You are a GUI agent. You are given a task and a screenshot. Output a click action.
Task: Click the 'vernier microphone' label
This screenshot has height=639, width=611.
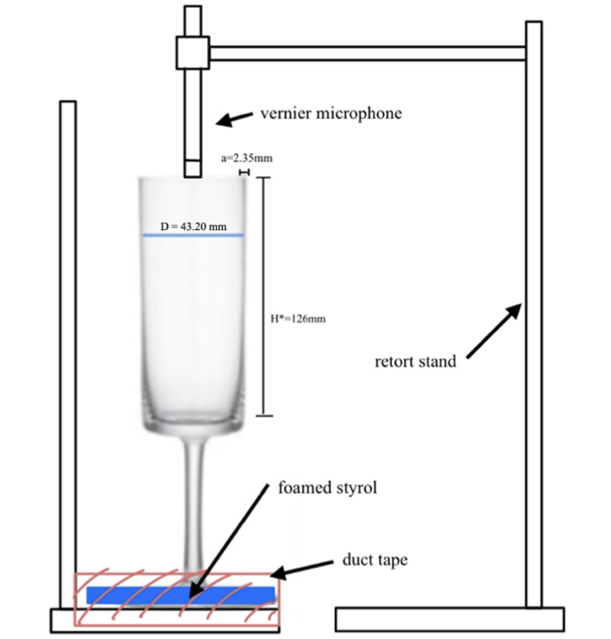(x=331, y=113)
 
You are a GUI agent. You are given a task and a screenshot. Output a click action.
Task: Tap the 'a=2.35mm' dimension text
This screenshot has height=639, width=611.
(x=246, y=159)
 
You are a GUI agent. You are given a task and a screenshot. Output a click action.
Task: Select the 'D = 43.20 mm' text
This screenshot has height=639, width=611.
(x=194, y=227)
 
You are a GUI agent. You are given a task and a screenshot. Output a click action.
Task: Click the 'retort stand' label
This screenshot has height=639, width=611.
(x=415, y=362)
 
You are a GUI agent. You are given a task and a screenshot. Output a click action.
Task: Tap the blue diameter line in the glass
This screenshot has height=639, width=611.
(x=193, y=235)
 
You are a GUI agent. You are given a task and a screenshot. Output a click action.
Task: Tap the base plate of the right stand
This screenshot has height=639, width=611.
(x=450, y=618)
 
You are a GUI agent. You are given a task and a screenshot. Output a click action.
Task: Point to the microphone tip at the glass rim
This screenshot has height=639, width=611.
(x=193, y=169)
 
